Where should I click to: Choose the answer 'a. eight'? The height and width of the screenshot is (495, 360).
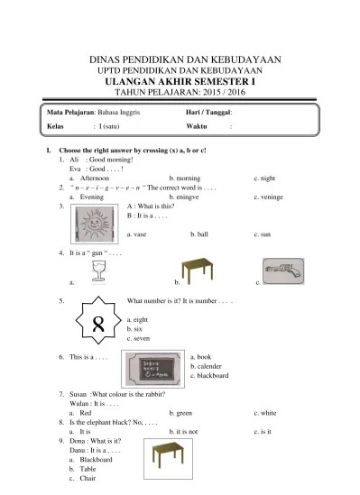[x=140, y=320]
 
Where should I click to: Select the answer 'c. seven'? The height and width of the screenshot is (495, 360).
[x=141, y=339]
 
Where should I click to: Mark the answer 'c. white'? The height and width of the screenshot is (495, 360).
[x=267, y=412]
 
